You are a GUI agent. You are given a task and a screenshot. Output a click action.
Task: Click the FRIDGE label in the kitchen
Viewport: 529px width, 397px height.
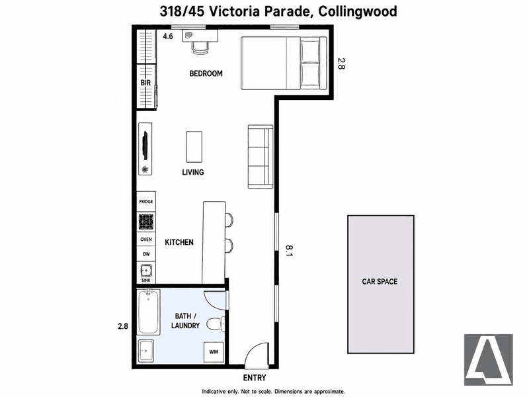point(146,202)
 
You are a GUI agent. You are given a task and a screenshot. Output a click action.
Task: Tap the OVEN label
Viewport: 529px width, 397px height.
point(146,240)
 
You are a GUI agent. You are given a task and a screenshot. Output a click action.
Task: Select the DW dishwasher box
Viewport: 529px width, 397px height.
point(146,254)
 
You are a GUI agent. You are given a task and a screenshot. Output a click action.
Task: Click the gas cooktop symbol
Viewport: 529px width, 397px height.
point(146,222)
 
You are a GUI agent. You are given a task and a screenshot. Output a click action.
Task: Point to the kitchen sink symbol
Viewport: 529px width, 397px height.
point(146,271)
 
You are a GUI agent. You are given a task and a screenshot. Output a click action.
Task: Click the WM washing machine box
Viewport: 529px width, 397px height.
point(214,352)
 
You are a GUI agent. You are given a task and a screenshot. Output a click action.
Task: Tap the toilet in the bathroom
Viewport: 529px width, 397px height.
point(216,324)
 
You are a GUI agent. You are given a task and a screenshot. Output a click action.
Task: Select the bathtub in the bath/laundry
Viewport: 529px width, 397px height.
point(148,312)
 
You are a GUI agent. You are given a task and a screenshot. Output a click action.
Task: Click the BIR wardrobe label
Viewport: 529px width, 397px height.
point(145,83)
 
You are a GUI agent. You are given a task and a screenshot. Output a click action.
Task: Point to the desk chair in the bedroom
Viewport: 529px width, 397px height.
point(200,48)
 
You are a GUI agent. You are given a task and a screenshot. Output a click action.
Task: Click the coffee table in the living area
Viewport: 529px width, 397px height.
point(194,147)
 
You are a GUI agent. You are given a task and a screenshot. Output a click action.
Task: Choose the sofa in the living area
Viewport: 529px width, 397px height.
point(261,156)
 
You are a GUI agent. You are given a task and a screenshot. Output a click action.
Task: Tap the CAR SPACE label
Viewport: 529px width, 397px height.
point(380,282)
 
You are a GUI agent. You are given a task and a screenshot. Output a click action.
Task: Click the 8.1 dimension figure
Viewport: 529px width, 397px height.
point(289,251)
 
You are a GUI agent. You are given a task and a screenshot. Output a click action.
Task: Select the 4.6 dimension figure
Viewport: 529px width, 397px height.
point(168,36)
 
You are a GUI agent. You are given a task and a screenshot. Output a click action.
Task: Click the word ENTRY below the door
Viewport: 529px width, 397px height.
point(255,378)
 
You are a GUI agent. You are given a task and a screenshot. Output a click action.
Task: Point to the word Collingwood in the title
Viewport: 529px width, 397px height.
point(358,11)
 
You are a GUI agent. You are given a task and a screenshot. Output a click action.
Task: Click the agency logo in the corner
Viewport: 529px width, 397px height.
point(489,359)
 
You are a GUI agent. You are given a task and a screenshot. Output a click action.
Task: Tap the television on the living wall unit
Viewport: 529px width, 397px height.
point(145,146)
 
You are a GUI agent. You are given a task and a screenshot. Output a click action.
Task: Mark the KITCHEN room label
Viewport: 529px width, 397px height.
point(179,242)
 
